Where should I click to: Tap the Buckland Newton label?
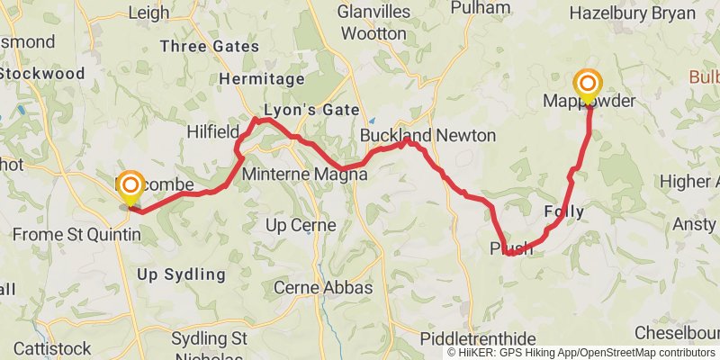427,136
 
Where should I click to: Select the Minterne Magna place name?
304,175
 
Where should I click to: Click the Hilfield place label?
212,132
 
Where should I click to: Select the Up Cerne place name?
301,225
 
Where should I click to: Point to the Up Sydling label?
181,274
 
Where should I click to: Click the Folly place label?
564,212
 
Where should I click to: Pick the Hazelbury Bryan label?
633,13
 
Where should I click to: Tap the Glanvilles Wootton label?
373,22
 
